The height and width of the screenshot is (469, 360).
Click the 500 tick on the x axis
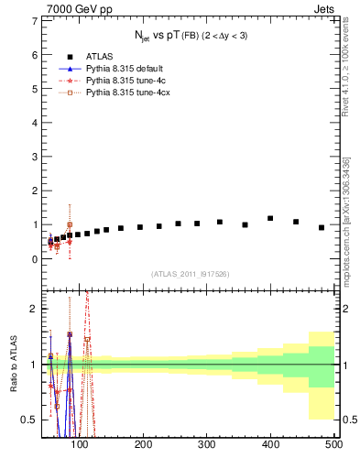tap(333, 444)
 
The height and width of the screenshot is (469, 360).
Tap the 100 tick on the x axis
tap(80, 444)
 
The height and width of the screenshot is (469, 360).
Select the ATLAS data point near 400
tap(270, 219)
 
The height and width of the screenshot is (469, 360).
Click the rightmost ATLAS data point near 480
tap(322, 227)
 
